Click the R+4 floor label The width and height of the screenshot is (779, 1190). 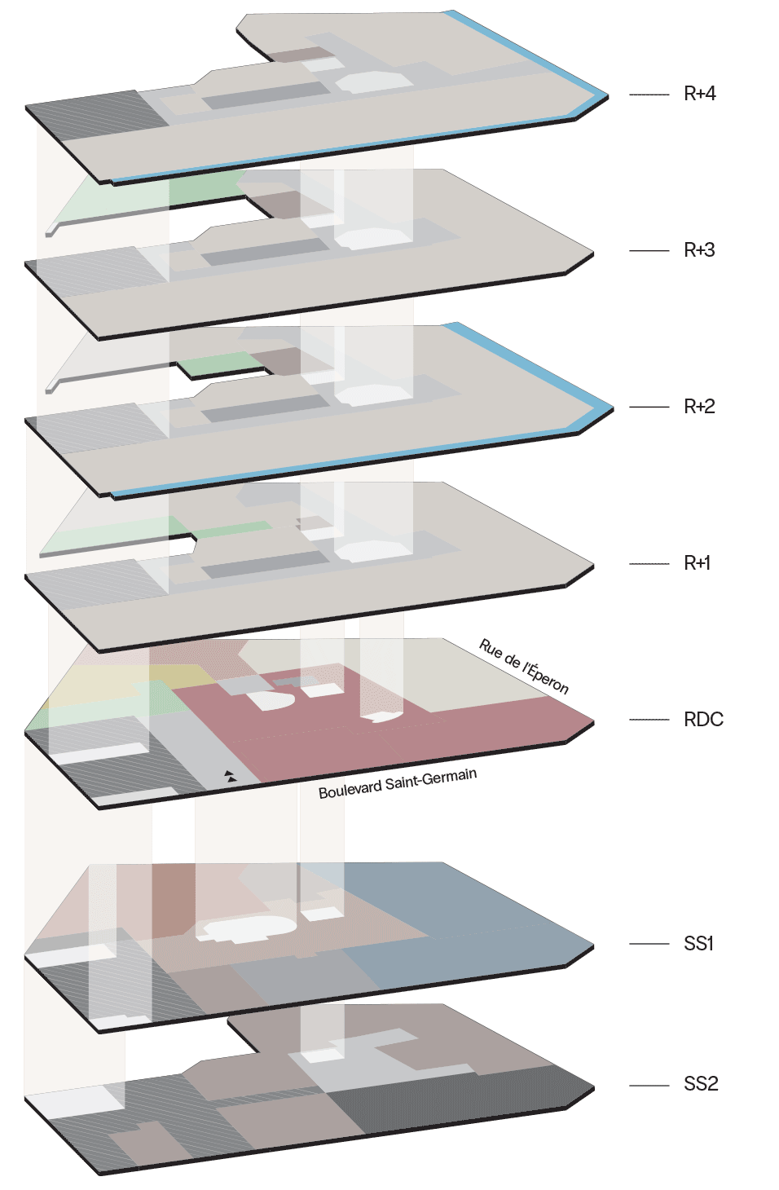699,94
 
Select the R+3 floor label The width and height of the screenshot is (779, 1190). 699,249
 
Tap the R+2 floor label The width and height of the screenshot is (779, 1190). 699,407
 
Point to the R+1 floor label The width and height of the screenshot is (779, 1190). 697,562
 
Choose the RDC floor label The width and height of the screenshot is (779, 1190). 703,720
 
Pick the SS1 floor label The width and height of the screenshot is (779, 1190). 698,944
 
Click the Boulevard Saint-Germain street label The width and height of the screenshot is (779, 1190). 397,784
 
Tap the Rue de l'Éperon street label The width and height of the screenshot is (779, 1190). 524,666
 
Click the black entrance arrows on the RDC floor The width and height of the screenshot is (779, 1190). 230,776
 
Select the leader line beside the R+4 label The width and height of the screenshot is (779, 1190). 649,95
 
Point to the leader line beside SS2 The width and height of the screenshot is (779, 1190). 649,1086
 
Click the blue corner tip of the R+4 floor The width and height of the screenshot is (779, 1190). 608,96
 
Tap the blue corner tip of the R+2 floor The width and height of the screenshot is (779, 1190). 612,408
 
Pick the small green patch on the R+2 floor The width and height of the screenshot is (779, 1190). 220,364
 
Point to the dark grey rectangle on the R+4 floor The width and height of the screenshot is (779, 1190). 266,95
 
